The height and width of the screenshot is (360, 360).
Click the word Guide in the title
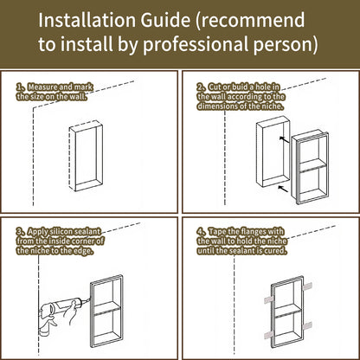(165, 20)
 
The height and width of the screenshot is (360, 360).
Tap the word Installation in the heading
(87, 20)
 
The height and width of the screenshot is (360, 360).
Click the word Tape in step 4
(216, 232)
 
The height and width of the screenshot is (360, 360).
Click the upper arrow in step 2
(284, 139)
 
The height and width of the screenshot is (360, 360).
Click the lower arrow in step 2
(283, 189)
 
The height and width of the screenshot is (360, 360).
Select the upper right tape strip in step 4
(307, 286)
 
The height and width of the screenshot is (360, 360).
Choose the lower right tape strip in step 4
(307, 325)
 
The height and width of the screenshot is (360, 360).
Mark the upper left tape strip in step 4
(269, 299)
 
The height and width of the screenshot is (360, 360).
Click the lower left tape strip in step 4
(269, 337)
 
